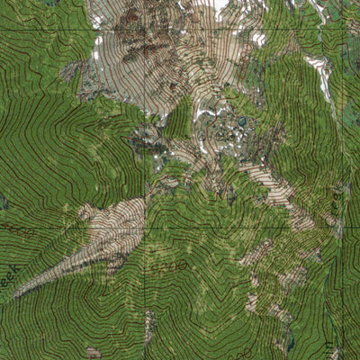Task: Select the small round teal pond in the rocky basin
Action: (x=241, y=120)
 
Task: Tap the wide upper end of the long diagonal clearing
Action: (x=117, y=216)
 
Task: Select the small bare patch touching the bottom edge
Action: (x=93, y=353)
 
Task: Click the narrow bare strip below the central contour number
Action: (x=149, y=326)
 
